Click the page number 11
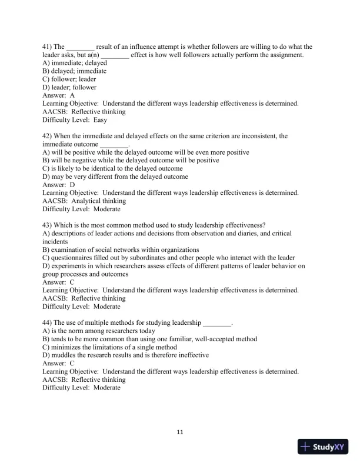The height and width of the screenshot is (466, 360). click(180, 432)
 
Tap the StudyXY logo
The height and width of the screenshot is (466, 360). click(323, 447)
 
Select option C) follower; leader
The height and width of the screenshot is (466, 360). click(69, 79)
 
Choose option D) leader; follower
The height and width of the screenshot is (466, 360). click(69, 87)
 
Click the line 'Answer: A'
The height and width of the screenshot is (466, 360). click(59, 95)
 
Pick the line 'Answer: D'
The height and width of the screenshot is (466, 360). click(59, 185)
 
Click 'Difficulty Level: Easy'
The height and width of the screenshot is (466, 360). click(75, 119)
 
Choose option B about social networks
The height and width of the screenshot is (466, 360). click(121, 249)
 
